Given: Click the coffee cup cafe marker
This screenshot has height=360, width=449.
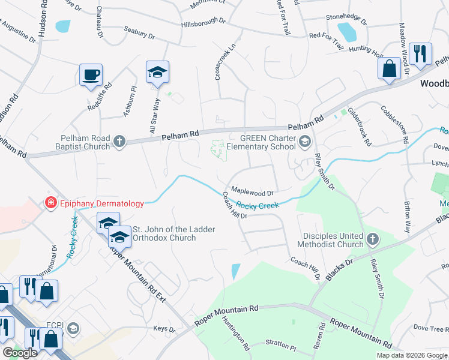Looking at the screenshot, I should (91, 75).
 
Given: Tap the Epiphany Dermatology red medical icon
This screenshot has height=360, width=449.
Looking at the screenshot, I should (51, 203).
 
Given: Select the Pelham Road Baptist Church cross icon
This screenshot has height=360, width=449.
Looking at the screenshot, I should (119, 142).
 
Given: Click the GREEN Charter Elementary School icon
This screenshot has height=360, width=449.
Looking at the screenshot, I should (305, 142).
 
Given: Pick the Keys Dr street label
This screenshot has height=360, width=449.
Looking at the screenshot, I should (164, 329).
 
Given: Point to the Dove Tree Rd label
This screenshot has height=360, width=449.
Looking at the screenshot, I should (430, 328).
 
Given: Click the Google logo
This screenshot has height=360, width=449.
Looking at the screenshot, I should (20, 353).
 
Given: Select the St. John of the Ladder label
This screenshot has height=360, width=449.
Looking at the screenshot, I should (163, 229).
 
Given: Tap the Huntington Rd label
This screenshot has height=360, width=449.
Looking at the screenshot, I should (235, 334).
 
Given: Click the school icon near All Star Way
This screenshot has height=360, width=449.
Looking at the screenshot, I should (158, 73).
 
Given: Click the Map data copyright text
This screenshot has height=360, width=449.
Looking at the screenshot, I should (411, 355).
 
